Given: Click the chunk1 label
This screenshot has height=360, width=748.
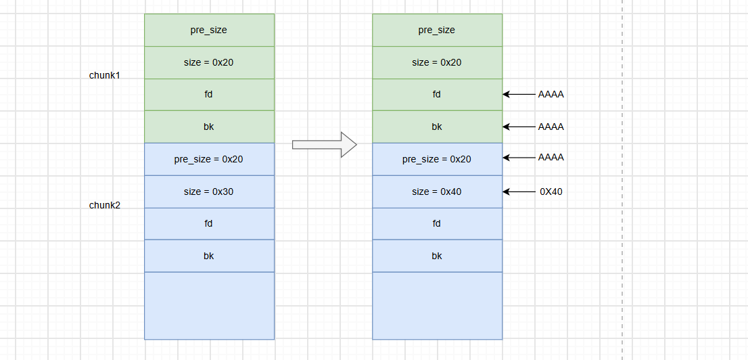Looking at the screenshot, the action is pyautogui.click(x=104, y=75).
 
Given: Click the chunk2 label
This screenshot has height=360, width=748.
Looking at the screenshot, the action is pyautogui.click(x=104, y=205).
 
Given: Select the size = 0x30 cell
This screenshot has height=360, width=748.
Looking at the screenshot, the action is pyautogui.click(x=210, y=192).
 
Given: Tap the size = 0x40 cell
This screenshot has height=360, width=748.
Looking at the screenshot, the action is pyautogui.click(x=438, y=192).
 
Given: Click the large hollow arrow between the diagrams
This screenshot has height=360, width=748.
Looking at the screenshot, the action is pyautogui.click(x=325, y=144).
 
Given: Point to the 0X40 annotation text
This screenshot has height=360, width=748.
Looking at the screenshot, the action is pyautogui.click(x=551, y=192).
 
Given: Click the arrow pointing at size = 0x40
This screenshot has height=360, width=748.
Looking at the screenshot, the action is pyautogui.click(x=519, y=192).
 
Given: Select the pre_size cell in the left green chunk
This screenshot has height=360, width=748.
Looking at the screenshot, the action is pyautogui.click(x=210, y=30).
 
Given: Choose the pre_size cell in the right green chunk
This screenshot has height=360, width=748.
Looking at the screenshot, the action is pyautogui.click(x=438, y=30).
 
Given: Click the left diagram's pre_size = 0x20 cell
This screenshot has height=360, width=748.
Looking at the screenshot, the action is pyautogui.click(x=210, y=159).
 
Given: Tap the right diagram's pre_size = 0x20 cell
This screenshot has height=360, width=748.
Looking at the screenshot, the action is pyautogui.click(x=438, y=159).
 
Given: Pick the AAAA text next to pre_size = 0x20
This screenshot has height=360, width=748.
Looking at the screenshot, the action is pyautogui.click(x=551, y=158).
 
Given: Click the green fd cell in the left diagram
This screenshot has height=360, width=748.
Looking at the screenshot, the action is pyautogui.click(x=210, y=95).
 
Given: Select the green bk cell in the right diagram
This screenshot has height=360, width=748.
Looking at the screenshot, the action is pyautogui.click(x=438, y=127).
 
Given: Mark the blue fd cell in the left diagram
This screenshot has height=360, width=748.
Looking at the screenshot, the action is pyautogui.click(x=210, y=223).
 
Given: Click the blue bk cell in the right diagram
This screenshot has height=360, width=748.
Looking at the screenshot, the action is pyautogui.click(x=438, y=256).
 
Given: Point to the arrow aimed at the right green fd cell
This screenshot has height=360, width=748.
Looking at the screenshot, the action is pyautogui.click(x=519, y=95).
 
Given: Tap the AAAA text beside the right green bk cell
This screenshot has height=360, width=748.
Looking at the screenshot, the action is pyautogui.click(x=551, y=127).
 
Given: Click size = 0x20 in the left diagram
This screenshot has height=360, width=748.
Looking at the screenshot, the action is pyautogui.click(x=210, y=62).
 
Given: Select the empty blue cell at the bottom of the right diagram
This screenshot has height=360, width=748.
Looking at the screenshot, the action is pyautogui.click(x=438, y=306).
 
